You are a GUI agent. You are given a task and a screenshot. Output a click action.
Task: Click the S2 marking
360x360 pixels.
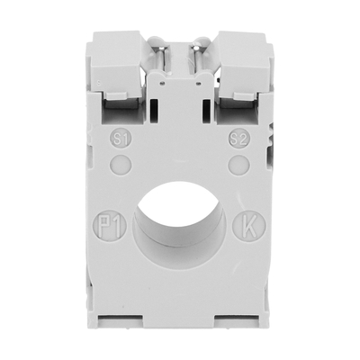(x=239, y=139)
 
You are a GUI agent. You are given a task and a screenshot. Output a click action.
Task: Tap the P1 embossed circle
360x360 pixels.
(x=112, y=225)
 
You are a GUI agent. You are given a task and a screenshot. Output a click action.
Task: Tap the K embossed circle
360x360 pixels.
(x=249, y=225)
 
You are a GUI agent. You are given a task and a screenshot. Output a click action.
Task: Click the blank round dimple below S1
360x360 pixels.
(x=121, y=165)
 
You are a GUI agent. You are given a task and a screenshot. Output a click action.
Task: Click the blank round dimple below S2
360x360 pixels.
(x=239, y=165)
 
